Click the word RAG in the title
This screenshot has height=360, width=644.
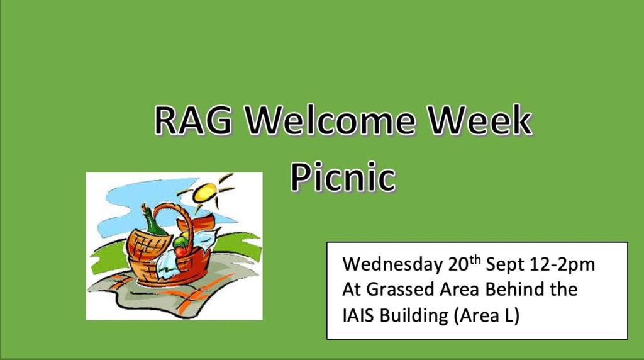192,120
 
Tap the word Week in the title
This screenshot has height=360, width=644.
480,120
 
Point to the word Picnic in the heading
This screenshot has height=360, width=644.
343,177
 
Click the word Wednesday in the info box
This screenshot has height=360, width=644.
392,264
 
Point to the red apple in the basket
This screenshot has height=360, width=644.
180,250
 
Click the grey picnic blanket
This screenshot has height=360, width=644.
172,294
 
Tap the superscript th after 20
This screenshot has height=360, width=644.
475,260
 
